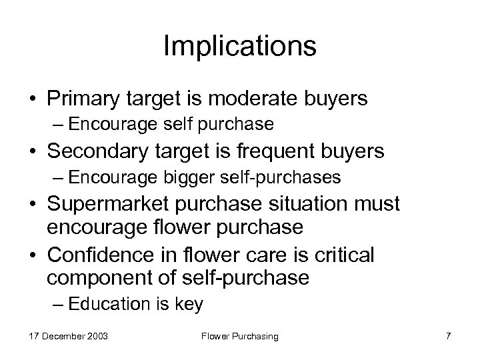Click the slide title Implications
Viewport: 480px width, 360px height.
point(239,47)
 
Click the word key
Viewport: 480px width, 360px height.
point(190,305)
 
